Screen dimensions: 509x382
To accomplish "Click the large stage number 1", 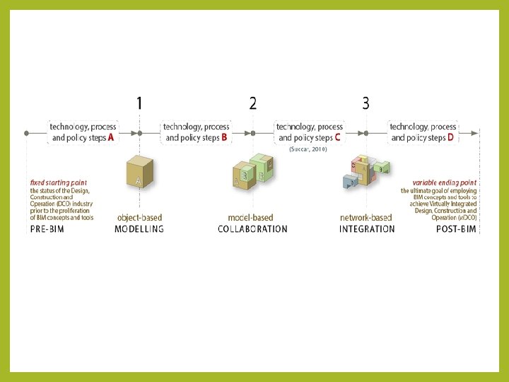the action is pyautogui.click(x=139, y=104).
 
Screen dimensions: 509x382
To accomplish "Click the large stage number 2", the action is pyautogui.click(x=253, y=104).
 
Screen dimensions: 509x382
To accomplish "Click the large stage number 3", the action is pyautogui.click(x=365, y=103).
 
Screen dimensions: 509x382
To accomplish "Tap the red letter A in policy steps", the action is pyautogui.click(x=111, y=138).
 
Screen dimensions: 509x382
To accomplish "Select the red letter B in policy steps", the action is pyautogui.click(x=224, y=138).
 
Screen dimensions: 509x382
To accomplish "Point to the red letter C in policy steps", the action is pyautogui.click(x=337, y=138).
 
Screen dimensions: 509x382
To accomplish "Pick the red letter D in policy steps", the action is pyautogui.click(x=450, y=138).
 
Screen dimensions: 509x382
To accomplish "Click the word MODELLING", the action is pyautogui.click(x=139, y=229).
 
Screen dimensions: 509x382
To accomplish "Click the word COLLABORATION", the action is pyautogui.click(x=252, y=229).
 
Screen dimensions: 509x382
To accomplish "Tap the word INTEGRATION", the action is pyautogui.click(x=367, y=229).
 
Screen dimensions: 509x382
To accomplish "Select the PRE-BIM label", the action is pyautogui.click(x=47, y=229).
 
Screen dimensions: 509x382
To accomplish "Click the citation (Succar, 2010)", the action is pyautogui.click(x=308, y=150).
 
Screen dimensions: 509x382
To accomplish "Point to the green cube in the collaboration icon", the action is pyautogui.click(x=261, y=166).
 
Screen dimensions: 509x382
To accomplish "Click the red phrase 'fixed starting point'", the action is pyautogui.click(x=54, y=183).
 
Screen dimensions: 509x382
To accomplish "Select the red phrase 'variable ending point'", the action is pyautogui.click(x=445, y=183).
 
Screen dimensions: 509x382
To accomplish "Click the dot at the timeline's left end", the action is pyautogui.click(x=26, y=132).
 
